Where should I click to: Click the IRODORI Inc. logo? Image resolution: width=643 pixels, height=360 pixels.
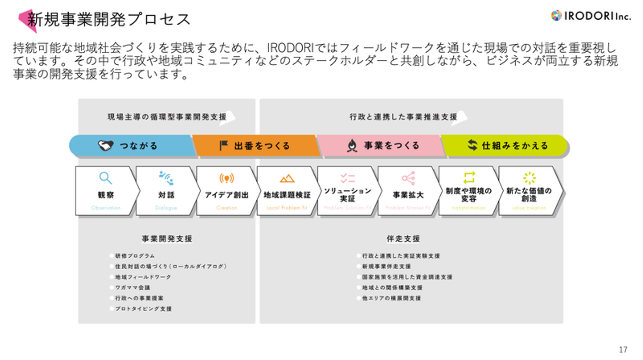(590, 16)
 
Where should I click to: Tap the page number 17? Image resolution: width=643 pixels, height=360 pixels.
(623, 349)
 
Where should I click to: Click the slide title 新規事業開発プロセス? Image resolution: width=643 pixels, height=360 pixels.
(109, 19)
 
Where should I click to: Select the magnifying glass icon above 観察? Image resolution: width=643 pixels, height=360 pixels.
(105, 178)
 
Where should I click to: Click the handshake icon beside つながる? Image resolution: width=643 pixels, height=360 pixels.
(106, 146)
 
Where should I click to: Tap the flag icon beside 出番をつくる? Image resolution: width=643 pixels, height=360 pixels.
(224, 146)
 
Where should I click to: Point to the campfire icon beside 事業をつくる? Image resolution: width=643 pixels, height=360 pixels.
(352, 146)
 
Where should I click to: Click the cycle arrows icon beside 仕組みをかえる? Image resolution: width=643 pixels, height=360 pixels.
(472, 145)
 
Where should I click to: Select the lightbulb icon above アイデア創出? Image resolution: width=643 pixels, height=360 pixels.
(227, 179)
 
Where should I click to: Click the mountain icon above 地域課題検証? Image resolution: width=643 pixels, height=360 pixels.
(287, 179)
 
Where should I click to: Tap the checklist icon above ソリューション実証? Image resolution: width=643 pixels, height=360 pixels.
(347, 179)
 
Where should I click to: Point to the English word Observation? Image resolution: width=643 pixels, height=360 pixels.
(106, 208)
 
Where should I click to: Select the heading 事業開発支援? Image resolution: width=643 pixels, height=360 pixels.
(167, 239)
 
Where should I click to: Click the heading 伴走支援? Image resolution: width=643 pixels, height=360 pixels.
(403, 239)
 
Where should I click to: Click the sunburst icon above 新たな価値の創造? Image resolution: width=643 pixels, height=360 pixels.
(529, 178)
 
